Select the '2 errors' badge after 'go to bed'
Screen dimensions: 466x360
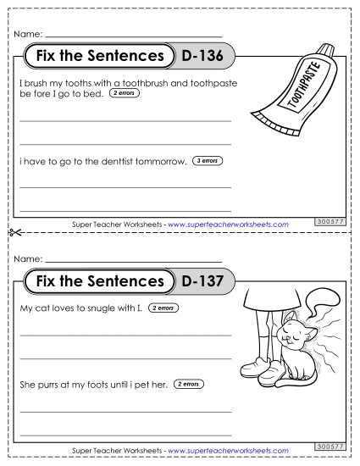124,92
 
